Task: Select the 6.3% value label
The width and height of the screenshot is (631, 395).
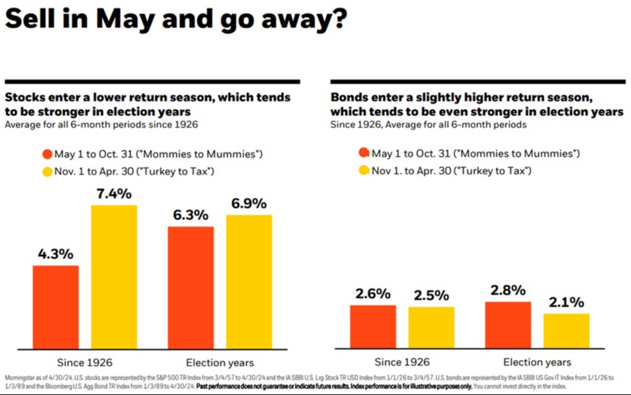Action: pyautogui.click(x=190, y=214)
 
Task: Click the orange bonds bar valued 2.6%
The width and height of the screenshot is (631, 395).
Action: pyautogui.click(x=373, y=327)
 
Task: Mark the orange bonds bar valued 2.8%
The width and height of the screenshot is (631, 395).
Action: pyautogui.click(x=508, y=325)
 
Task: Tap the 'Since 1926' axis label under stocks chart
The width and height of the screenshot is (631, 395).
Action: pyautogui.click(x=84, y=362)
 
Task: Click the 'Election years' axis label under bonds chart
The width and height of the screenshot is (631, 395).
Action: pyautogui.click(x=537, y=362)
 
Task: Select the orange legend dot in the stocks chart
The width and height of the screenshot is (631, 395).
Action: pyautogui.click(x=46, y=155)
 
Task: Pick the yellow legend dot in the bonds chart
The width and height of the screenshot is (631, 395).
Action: pyautogui.click(x=363, y=170)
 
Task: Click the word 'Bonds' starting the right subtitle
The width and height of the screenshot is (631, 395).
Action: pyautogui.click(x=348, y=98)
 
